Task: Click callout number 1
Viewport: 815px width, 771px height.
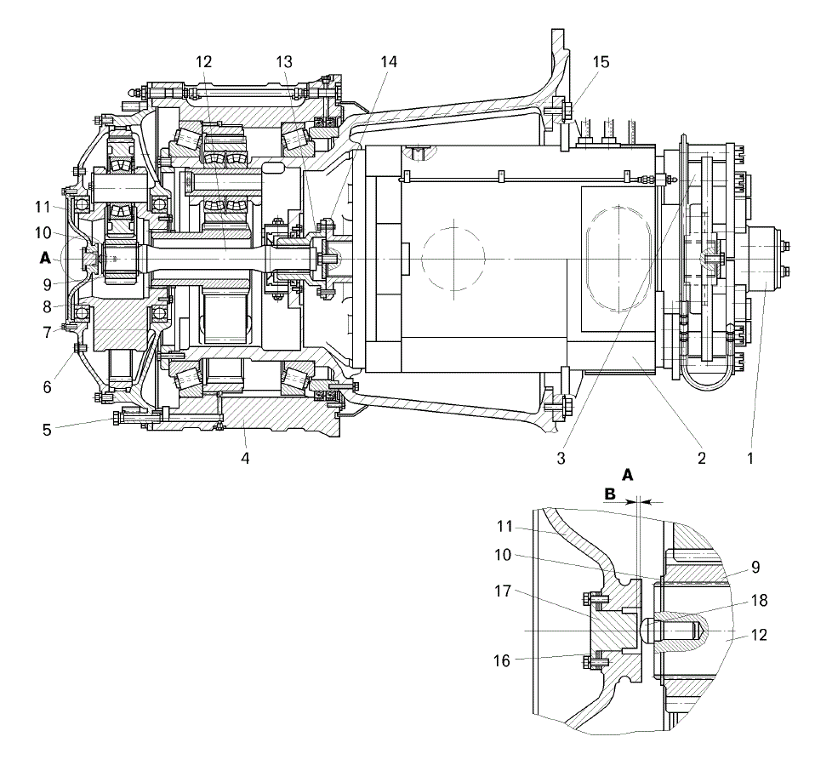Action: (749, 458)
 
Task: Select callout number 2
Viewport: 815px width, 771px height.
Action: (702, 458)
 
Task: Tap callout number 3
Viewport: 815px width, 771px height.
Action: (561, 458)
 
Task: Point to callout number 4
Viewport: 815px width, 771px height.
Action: (245, 458)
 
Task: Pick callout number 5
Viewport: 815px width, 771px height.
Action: (47, 430)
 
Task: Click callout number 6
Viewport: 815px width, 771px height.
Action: (47, 387)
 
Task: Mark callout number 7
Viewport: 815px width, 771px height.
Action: (47, 332)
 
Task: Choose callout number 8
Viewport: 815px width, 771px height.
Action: (47, 306)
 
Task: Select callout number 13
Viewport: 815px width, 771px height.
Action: (284, 62)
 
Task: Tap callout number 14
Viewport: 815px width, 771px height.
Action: (388, 62)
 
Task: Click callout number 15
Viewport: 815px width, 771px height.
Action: (601, 62)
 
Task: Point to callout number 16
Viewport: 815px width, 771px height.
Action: (502, 660)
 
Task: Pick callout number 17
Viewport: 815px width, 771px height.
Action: (503, 591)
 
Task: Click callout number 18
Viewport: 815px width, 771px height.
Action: (760, 601)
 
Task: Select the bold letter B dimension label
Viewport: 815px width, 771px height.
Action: (610, 494)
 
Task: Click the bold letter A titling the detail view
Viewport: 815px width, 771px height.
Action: (628, 475)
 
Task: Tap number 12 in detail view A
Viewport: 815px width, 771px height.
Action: (760, 635)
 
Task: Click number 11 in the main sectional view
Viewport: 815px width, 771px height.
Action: (43, 207)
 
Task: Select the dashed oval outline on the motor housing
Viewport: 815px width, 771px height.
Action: (618, 260)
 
